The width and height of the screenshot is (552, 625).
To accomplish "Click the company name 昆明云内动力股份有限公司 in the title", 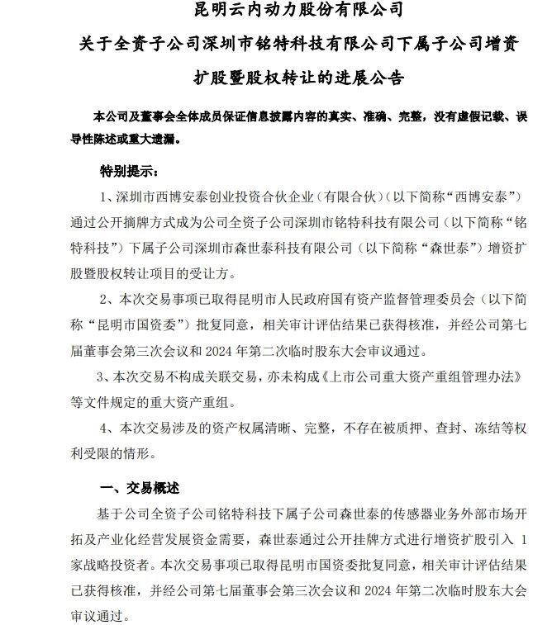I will [x=275, y=12].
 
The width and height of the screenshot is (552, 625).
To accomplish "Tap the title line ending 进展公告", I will [x=275, y=78].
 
